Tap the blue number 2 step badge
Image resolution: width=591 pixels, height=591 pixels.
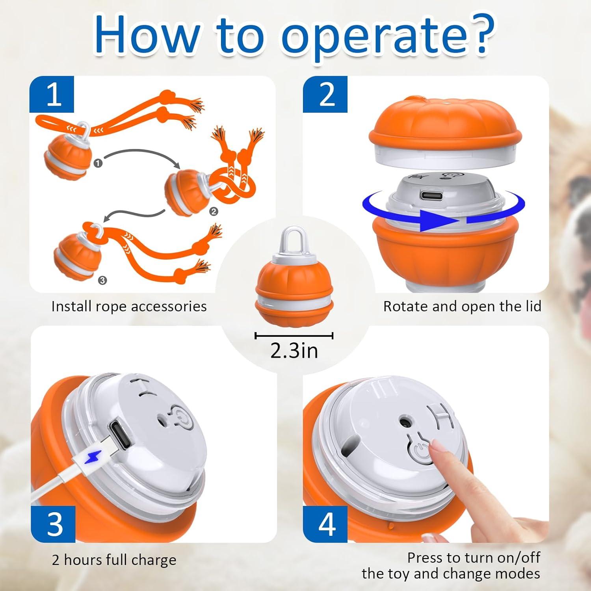(x=325, y=95)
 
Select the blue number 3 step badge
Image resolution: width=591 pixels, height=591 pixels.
(x=53, y=524)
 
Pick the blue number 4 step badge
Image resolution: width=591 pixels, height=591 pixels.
(x=325, y=524)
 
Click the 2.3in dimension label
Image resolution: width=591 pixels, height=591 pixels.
(x=294, y=350)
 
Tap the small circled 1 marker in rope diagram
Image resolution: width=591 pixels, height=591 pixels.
(x=98, y=163)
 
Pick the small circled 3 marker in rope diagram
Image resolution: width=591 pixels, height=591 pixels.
(x=102, y=281)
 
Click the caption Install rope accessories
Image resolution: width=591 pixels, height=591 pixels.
(x=129, y=307)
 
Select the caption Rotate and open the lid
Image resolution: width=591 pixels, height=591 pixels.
(x=462, y=307)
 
